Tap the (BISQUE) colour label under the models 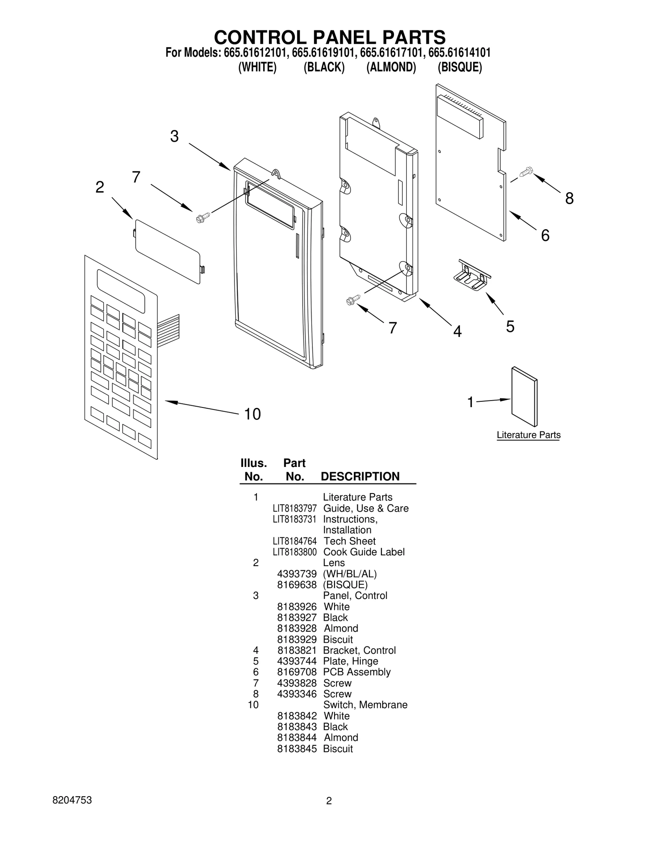click(459, 67)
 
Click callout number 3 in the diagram click(174, 137)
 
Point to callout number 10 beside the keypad click(252, 414)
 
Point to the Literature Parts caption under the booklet click(528, 435)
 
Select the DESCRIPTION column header click(360, 476)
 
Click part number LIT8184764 click(294, 541)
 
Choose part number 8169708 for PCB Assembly click(297, 672)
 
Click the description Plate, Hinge click(350, 661)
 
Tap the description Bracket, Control click(359, 650)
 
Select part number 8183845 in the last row click(297, 749)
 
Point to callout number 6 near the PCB click(545, 235)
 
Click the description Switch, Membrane click(365, 705)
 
